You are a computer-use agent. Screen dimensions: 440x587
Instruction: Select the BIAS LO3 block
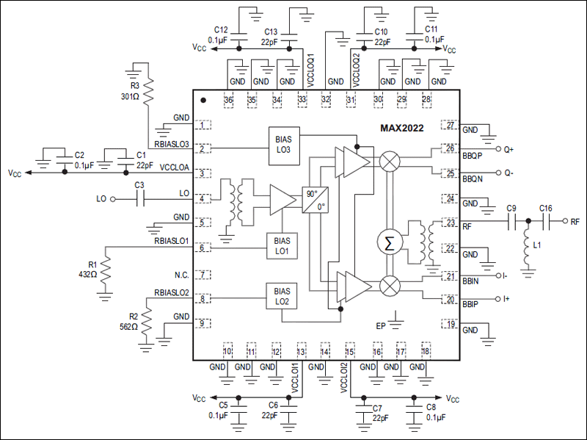(283, 144)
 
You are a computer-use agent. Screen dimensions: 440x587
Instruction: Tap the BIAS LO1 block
(283, 245)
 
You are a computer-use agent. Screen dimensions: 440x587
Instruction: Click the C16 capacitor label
(546, 208)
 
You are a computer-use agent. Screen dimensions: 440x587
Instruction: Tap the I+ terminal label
(507, 299)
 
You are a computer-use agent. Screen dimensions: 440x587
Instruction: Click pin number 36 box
(228, 101)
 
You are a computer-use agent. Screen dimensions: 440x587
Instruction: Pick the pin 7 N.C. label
(183, 275)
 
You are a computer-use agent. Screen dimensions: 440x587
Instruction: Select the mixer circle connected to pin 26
(389, 160)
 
